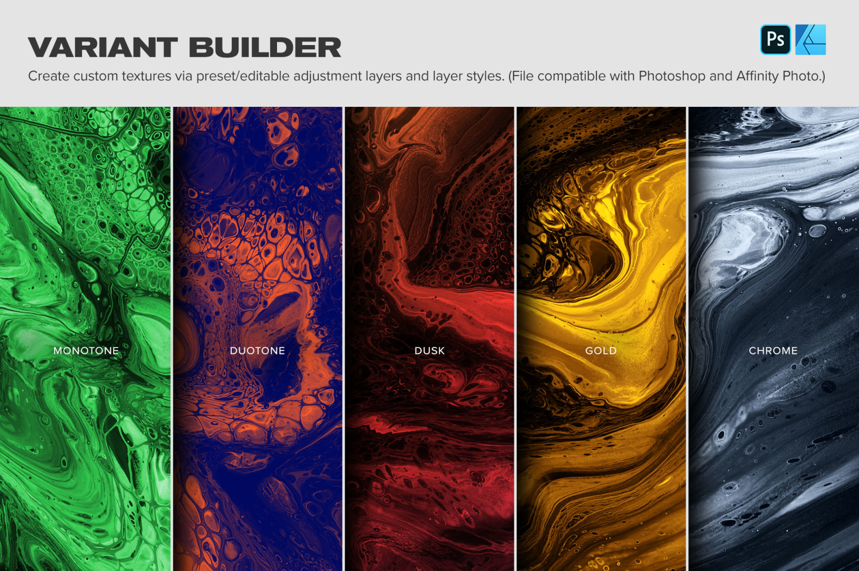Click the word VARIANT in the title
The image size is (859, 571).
click(x=103, y=47)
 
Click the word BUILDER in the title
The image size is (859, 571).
click(x=265, y=47)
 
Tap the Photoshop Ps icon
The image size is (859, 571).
click(x=775, y=40)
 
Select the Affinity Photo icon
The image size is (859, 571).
click(x=811, y=40)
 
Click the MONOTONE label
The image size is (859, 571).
click(x=86, y=350)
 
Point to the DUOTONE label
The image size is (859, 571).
click(x=257, y=350)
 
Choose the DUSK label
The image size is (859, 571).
click(x=429, y=350)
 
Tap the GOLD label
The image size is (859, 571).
click(x=601, y=350)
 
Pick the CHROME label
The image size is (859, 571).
click(x=773, y=350)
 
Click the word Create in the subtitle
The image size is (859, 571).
click(x=49, y=76)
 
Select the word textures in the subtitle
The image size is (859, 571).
click(x=147, y=76)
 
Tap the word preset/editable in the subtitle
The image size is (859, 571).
click(x=243, y=77)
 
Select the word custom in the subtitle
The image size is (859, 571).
click(x=96, y=76)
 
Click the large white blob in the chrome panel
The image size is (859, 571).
click(x=742, y=245)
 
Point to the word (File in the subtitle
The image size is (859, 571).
click(x=521, y=77)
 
